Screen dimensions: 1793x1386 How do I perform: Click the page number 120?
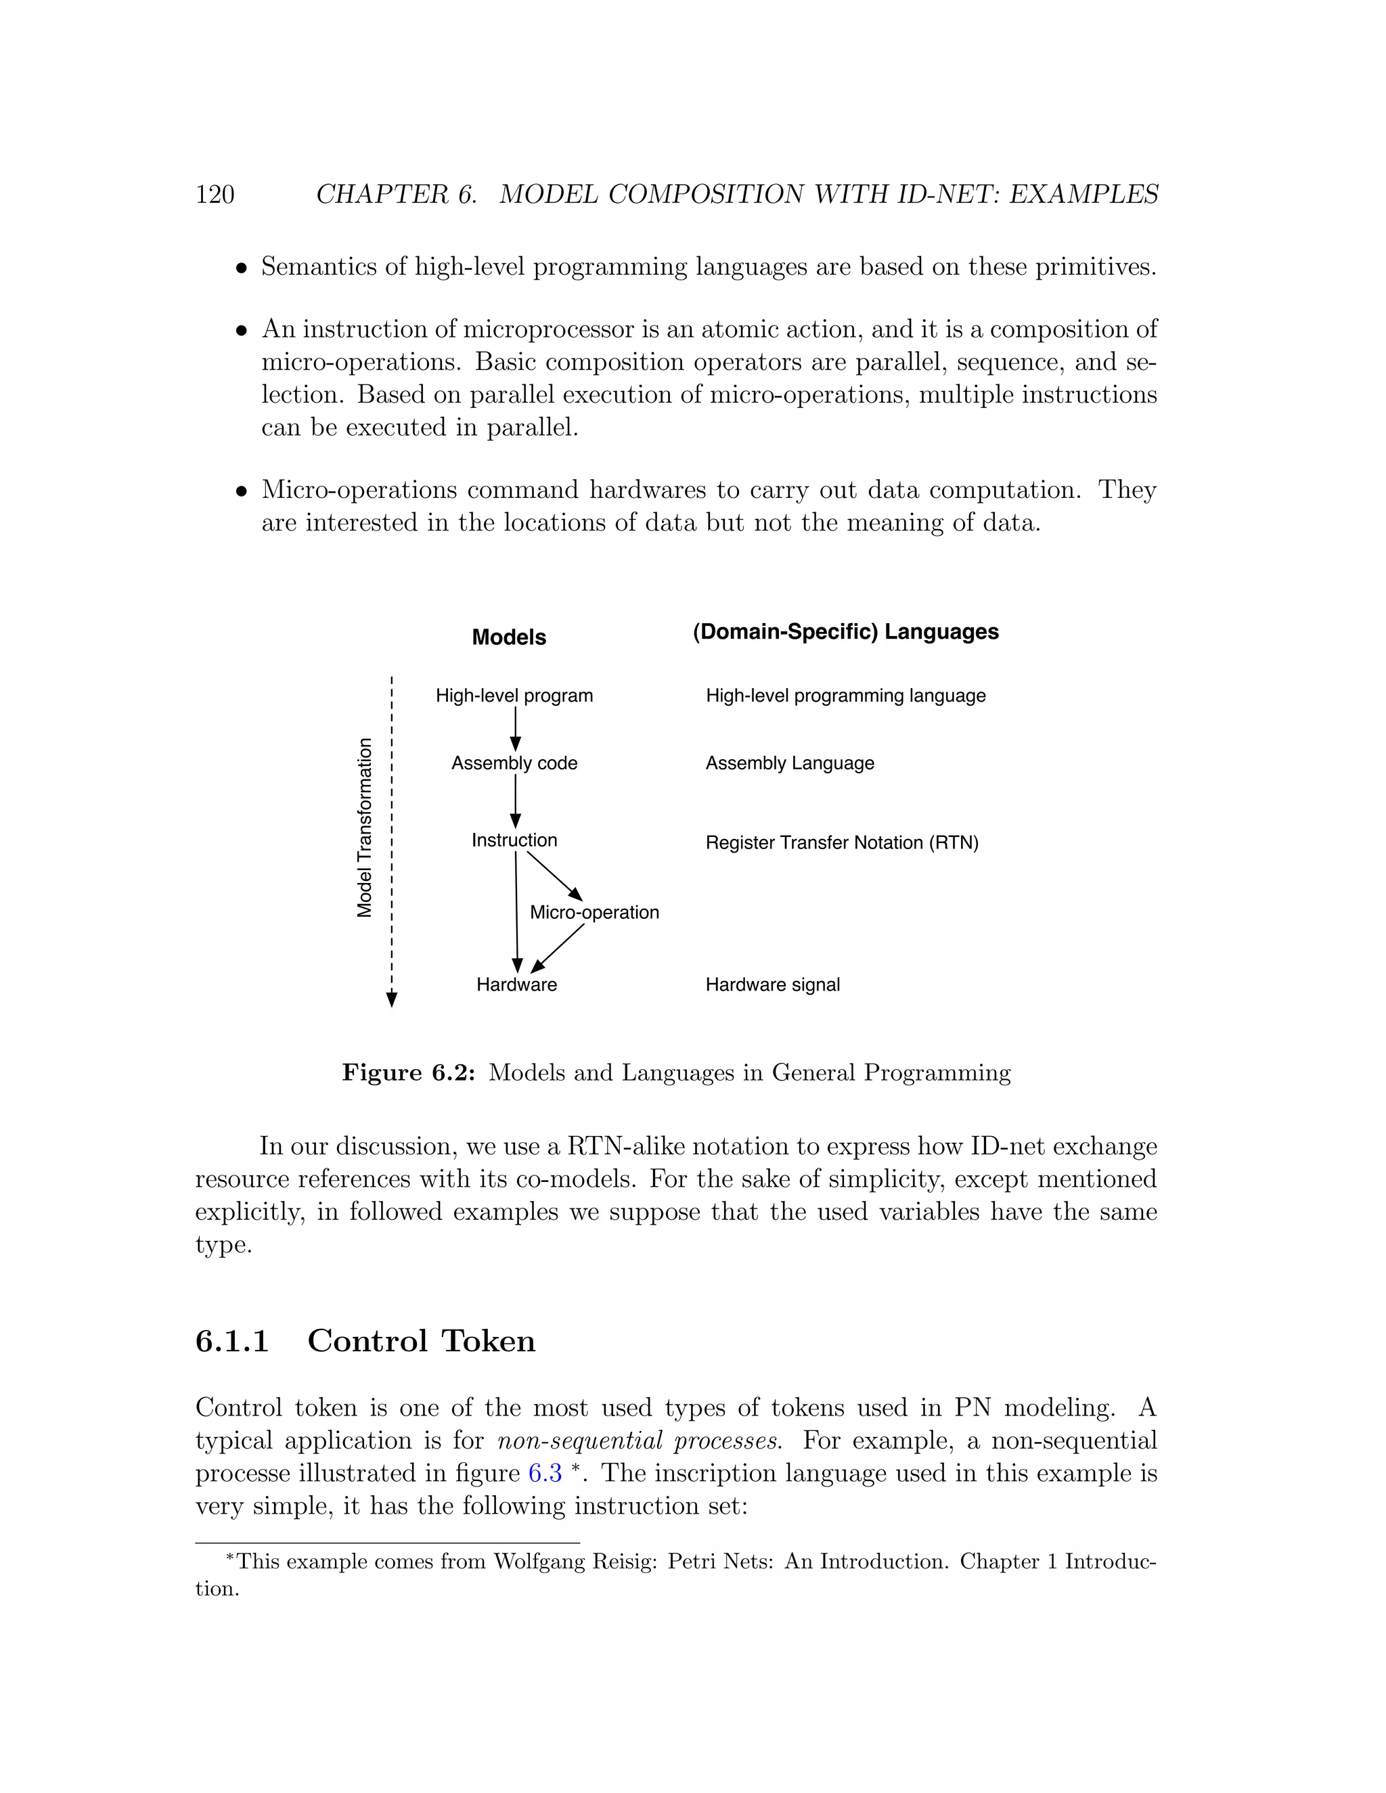[x=215, y=195]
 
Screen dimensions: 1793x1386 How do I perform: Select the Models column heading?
[x=508, y=637]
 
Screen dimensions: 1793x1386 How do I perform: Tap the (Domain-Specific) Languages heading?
[x=845, y=631]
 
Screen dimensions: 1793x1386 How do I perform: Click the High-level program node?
[x=514, y=696]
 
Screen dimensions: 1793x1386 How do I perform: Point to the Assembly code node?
[x=514, y=763]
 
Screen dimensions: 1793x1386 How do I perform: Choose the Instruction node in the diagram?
[x=514, y=840]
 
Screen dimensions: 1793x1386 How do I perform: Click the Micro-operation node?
[x=594, y=912]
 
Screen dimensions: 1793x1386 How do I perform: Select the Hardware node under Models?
[x=516, y=984]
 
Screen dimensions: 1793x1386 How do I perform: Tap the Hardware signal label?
[x=773, y=984]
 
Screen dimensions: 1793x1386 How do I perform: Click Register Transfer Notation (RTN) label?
[x=842, y=842]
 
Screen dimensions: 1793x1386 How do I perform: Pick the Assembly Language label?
[x=790, y=763]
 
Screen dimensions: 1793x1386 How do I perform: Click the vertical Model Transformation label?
[x=365, y=827]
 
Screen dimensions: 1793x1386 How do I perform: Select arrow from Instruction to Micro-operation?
[x=554, y=876]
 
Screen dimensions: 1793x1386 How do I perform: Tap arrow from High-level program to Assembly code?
[x=515, y=728]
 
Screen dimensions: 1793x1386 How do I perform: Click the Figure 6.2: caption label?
[x=408, y=1073]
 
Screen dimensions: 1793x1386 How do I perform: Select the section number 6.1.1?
[x=232, y=1340]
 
